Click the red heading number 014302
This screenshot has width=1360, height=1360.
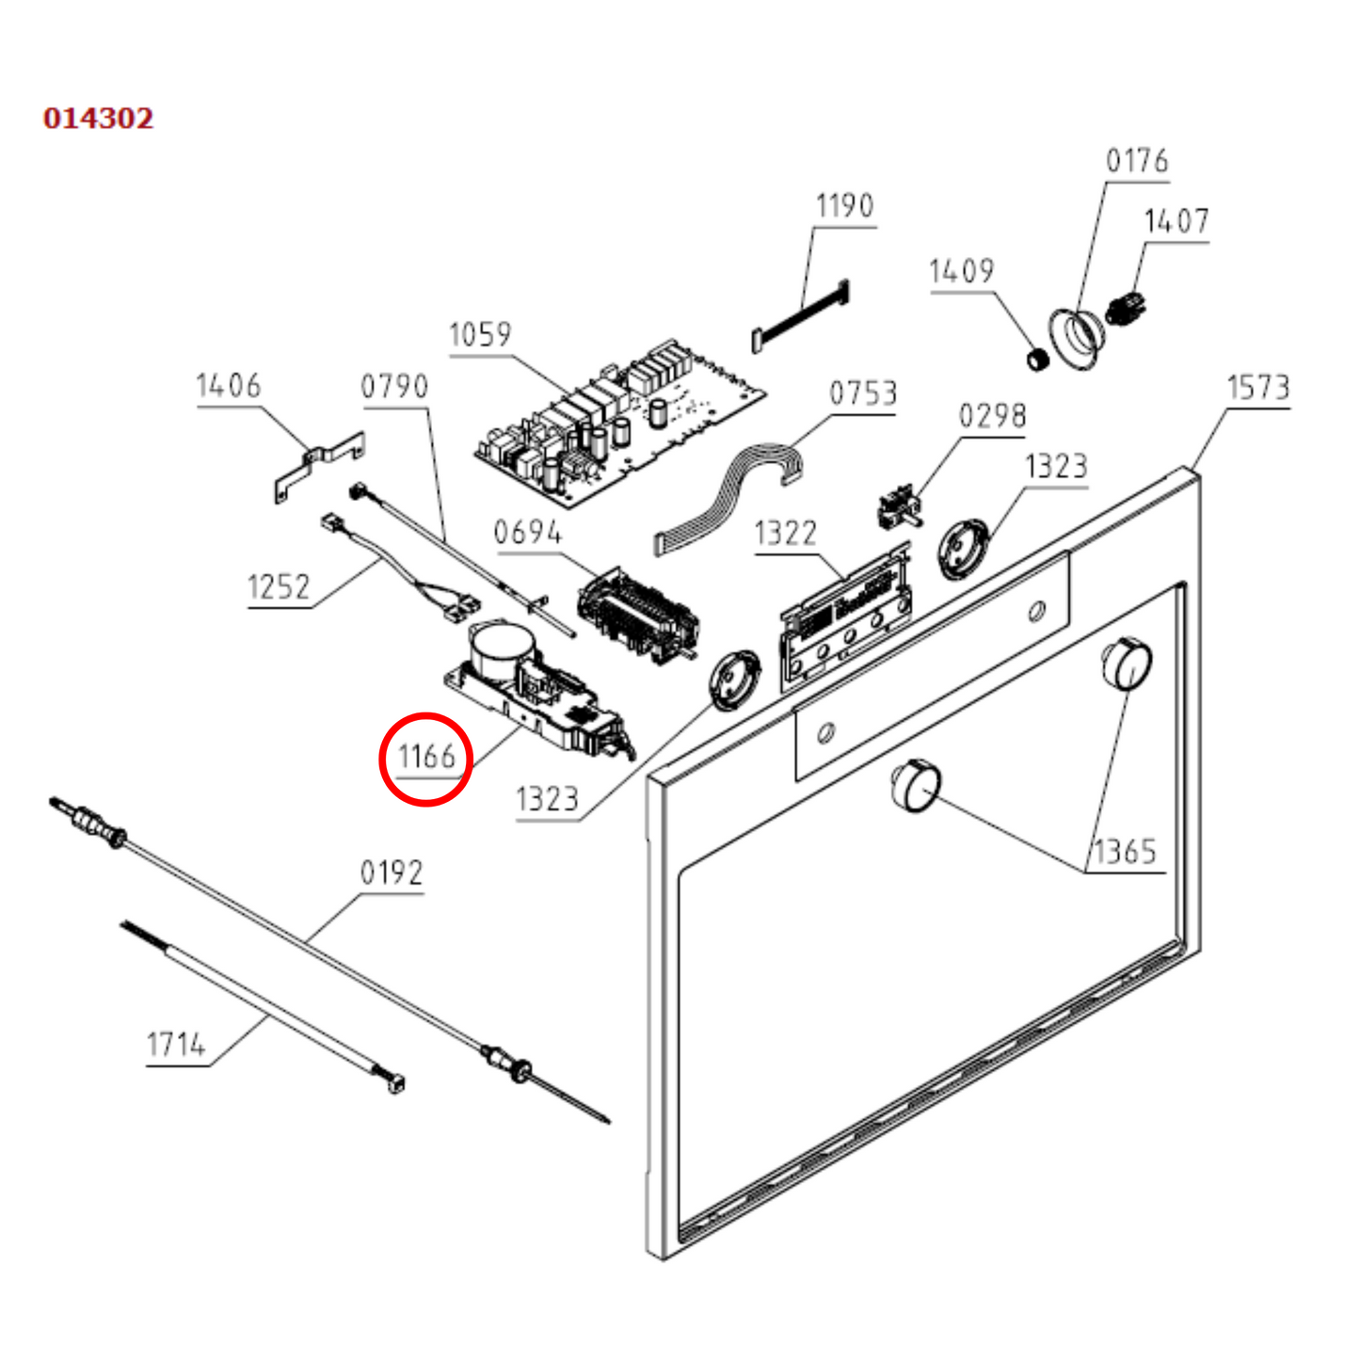click(98, 119)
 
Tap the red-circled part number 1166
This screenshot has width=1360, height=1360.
click(425, 757)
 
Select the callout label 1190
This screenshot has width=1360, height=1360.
click(844, 206)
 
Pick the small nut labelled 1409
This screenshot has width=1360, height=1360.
click(1035, 359)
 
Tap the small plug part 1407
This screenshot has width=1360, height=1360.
click(1128, 308)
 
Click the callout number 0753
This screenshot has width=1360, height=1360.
click(862, 393)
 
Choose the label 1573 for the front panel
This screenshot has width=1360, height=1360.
click(1257, 388)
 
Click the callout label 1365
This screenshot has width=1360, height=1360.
click(1124, 853)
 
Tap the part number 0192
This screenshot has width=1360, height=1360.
click(392, 873)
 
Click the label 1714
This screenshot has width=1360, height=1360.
click(176, 1045)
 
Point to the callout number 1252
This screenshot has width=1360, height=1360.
click(278, 587)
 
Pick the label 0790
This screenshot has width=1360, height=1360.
click(394, 386)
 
